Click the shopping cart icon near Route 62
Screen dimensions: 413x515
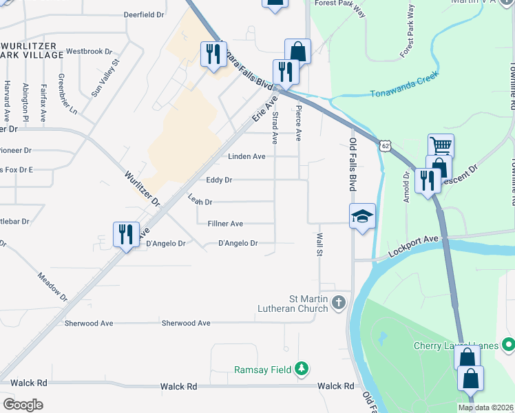pos(441,145)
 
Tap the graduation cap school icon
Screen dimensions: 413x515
pos(362,216)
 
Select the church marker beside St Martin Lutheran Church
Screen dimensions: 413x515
pos(338,302)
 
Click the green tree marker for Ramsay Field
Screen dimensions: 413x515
pos(301,369)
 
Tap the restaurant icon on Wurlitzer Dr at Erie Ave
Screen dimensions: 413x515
pos(127,235)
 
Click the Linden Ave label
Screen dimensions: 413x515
pos(246,156)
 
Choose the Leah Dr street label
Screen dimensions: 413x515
pos(200,200)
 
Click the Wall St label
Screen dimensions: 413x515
pos(319,243)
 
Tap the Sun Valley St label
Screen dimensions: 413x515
pos(105,76)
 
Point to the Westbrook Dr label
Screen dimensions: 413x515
pos(89,51)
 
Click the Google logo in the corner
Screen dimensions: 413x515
pos(23,404)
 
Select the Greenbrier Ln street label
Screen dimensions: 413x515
pos(67,94)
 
